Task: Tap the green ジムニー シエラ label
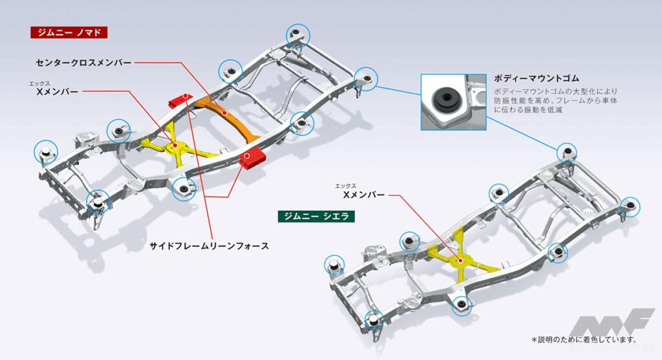(x=315, y=216)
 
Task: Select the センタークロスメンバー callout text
(x=84, y=63)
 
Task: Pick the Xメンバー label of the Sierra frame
(x=364, y=193)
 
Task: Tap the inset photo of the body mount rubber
(x=452, y=101)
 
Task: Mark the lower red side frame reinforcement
(x=252, y=157)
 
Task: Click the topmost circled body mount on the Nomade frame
(x=298, y=34)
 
